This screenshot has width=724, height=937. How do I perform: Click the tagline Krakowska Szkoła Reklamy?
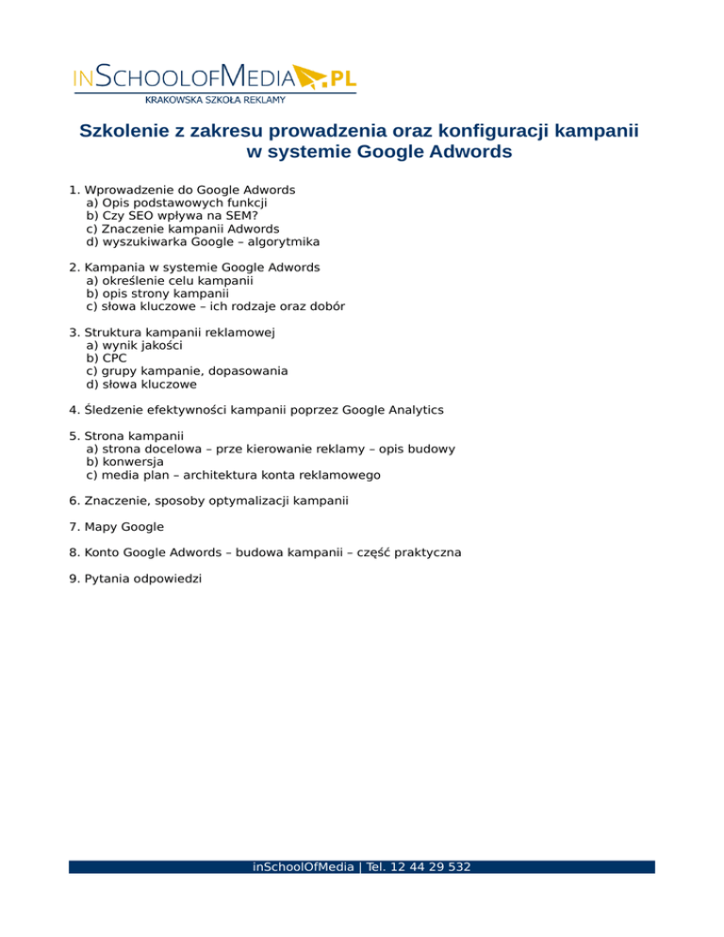[215, 99]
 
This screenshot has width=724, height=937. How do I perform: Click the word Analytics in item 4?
[407, 410]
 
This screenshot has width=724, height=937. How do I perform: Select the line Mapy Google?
[117, 527]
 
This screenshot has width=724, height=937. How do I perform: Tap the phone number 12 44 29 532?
[433, 866]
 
